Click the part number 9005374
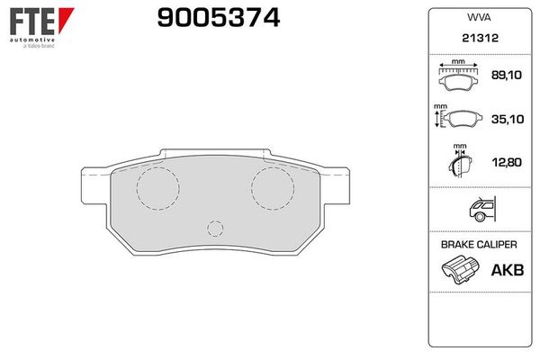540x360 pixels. pyautogui.click(x=219, y=18)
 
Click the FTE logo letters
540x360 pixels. pyautogui.click(x=32, y=22)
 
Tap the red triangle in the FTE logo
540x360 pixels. pyautogui.click(x=66, y=19)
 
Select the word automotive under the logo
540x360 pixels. pyautogui.click(x=32, y=40)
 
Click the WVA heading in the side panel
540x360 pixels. pyautogui.click(x=479, y=18)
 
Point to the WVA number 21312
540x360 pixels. pyautogui.click(x=480, y=38)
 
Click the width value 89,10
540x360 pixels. pyautogui.click(x=506, y=75)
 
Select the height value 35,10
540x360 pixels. pyautogui.click(x=508, y=119)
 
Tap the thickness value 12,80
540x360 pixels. pyautogui.click(x=507, y=162)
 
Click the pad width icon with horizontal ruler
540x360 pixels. pyautogui.click(x=458, y=76)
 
